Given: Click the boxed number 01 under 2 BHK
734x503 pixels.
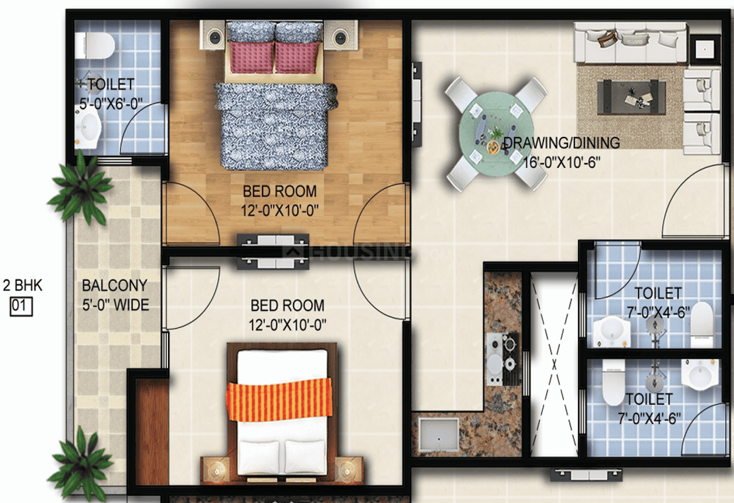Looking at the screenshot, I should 20,307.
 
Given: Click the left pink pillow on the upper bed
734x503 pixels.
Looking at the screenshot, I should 250,57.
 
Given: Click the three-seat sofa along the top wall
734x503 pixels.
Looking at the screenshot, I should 630,42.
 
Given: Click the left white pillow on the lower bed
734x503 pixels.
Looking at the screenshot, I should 259,452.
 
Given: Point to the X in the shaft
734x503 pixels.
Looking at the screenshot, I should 553,364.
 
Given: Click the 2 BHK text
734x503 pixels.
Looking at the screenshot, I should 22,286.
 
